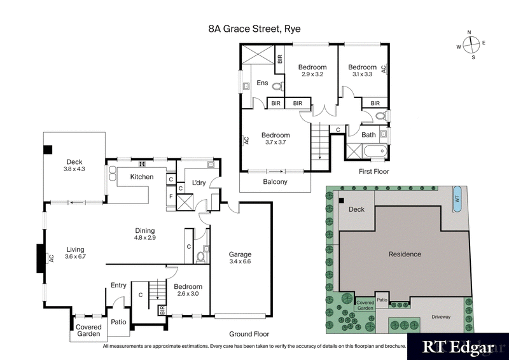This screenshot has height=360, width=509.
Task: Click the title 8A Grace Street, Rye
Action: point(254,29)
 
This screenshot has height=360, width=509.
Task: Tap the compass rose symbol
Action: point(470,44)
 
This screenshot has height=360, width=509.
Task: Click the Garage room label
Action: point(240,258)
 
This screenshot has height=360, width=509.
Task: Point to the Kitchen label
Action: point(141,177)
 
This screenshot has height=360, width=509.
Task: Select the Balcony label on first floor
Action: point(275,182)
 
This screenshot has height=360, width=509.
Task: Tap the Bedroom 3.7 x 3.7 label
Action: point(275,139)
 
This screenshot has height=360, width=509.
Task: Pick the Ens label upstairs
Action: point(262,83)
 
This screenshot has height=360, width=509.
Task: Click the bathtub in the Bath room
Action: point(365,151)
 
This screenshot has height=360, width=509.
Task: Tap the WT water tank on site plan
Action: point(456,198)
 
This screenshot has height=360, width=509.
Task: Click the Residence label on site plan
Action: point(405,254)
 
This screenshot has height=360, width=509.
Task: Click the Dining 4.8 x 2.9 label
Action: point(144,234)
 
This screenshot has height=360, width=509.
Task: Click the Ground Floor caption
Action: point(249,334)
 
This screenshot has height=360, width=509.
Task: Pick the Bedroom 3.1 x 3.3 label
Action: point(363,71)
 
